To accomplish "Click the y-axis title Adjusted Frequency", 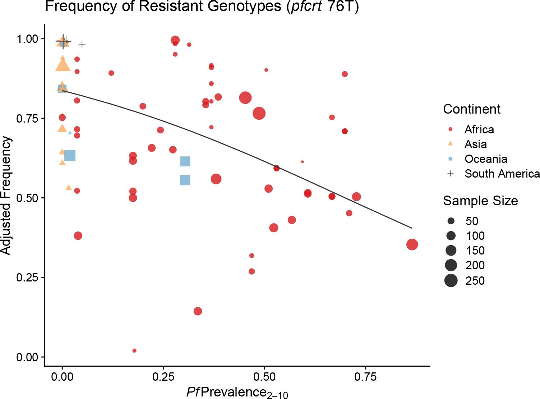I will pos(6,196).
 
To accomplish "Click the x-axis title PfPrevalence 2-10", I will pos(237,392).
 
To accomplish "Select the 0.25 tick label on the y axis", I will pos(27,278).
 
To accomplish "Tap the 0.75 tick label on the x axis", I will pos(365,377).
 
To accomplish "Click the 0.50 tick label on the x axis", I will pos(264,377).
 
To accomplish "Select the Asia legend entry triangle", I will pos(451,144).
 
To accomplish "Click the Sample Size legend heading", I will pos(480,201).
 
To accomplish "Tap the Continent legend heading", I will pos(471,109).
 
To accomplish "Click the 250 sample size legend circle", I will pos(451,280).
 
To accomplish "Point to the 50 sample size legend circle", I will pos(451,221).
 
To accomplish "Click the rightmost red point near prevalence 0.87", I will pos(412,244).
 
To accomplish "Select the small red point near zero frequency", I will pos(134,350).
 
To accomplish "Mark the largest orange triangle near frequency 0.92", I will pos(63,66).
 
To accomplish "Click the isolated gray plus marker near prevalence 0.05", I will pos(82,44).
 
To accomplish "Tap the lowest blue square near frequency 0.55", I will pos(185,180).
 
